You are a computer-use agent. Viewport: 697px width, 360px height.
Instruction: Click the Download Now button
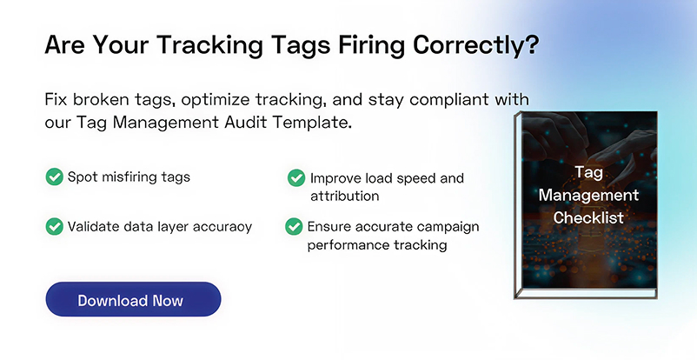[133, 300]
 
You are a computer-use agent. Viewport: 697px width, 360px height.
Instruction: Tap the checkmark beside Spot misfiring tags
[54, 177]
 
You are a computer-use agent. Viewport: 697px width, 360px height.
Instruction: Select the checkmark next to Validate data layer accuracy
[54, 226]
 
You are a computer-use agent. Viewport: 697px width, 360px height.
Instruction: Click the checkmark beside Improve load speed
[296, 178]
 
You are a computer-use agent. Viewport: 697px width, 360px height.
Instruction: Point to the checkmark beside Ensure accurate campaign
[295, 227]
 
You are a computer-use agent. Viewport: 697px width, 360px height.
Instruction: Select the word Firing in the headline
[355, 46]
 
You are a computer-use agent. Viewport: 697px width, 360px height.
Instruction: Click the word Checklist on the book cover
[588, 217]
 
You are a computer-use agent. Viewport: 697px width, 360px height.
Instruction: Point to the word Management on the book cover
[588, 195]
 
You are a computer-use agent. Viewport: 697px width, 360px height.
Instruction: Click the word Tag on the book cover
[588, 172]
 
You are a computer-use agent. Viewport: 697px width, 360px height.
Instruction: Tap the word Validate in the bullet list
[93, 226]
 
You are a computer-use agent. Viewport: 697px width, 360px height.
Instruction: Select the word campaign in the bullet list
[442, 226]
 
